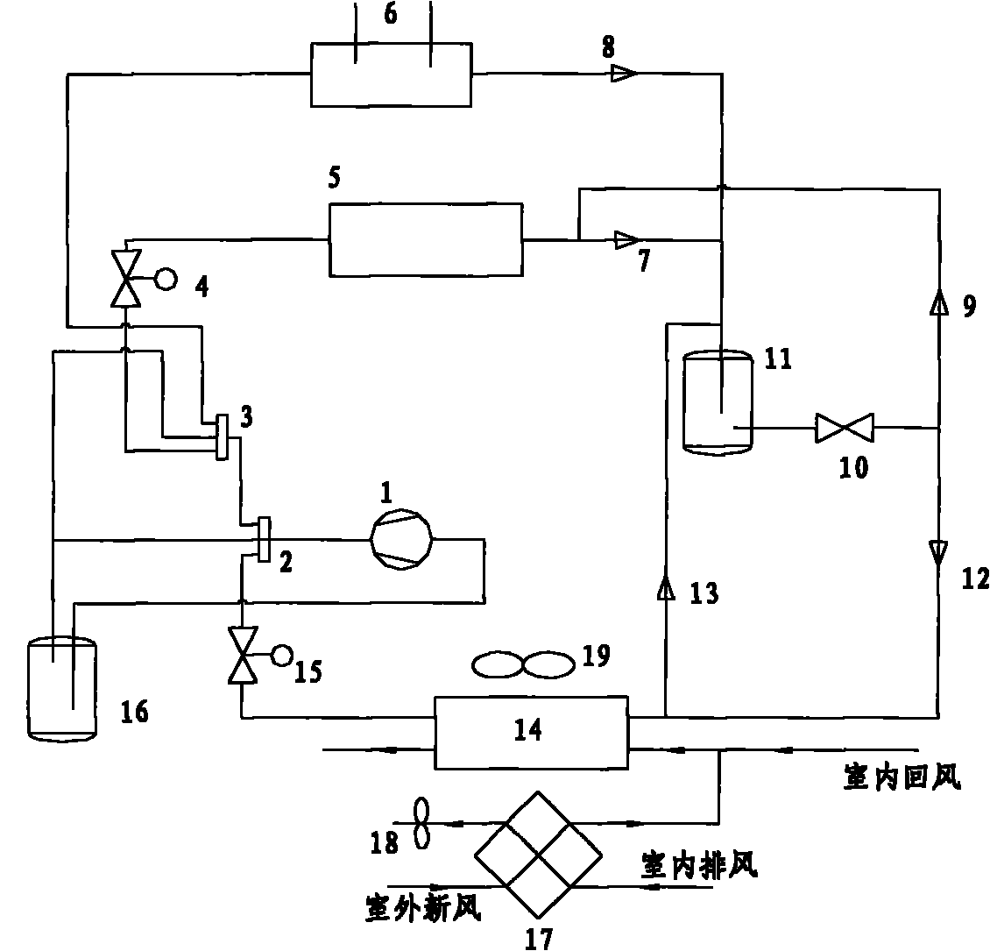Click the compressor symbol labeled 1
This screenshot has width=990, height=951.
coord(402,539)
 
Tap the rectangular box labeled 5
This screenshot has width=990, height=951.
coord(425,239)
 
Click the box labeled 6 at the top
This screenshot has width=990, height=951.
coord(391,74)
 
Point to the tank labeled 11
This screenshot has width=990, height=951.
coord(718,402)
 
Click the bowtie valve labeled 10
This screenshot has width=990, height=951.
coord(840,429)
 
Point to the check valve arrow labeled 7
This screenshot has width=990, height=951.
coord(626,238)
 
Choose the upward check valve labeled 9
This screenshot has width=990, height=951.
coord(938,303)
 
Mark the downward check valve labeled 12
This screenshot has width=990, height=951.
coord(938,551)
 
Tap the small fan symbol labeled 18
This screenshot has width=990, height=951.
coord(421,823)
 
